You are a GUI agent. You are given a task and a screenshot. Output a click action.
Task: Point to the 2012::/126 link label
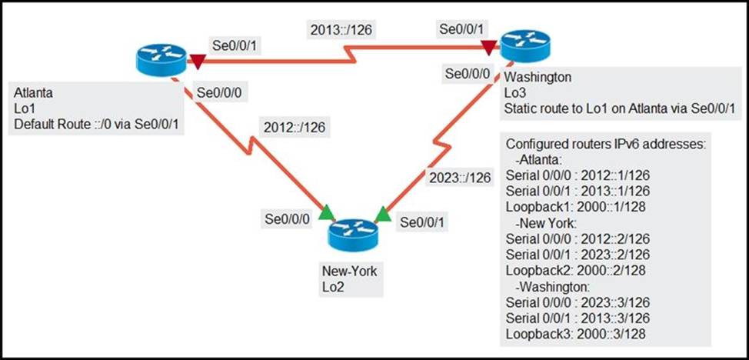tap(293, 126)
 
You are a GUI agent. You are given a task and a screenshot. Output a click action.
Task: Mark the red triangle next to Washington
tap(489, 48)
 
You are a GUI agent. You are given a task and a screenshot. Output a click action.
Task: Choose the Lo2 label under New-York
tap(332, 287)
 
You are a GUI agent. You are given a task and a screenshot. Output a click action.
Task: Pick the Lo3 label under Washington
tap(514, 93)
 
